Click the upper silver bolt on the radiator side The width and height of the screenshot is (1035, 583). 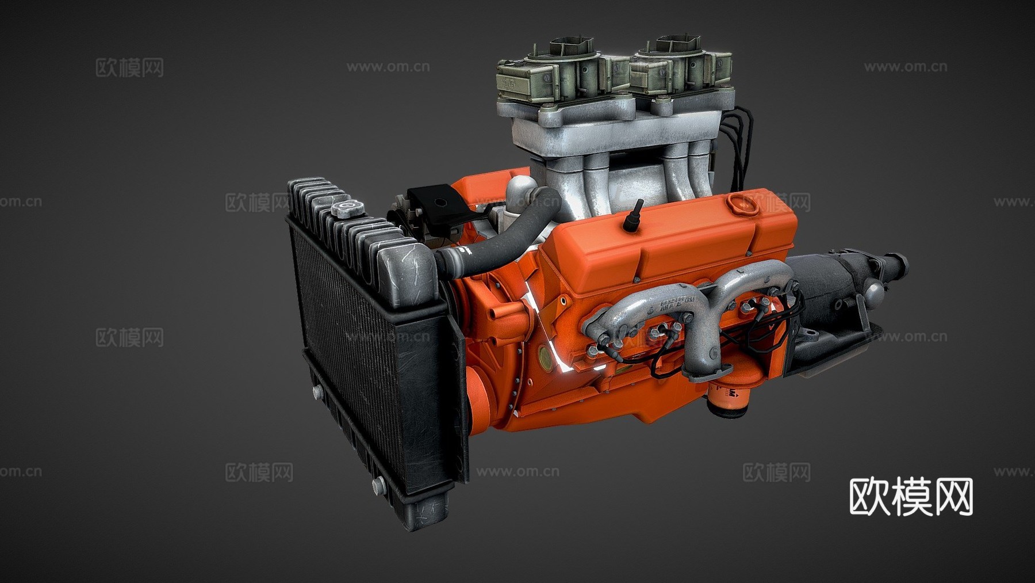[317, 393]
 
